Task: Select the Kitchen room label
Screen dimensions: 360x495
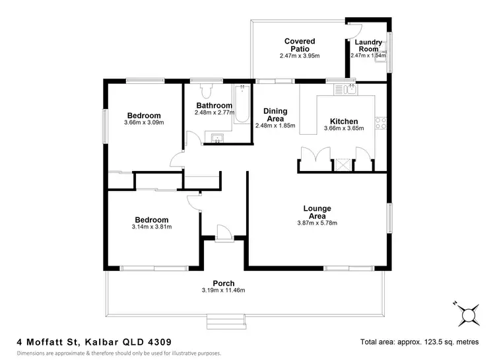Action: point(344,122)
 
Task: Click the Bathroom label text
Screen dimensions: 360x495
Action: point(214,106)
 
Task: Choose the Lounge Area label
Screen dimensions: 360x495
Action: point(317,212)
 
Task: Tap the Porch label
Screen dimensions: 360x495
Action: point(223,283)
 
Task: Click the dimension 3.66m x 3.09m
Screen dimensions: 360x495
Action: point(143,122)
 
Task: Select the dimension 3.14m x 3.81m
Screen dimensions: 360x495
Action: point(152,227)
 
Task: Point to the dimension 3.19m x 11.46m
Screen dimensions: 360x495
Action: point(224,291)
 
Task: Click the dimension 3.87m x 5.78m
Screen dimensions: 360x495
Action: point(317,223)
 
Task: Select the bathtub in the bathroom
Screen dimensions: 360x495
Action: point(242,104)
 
